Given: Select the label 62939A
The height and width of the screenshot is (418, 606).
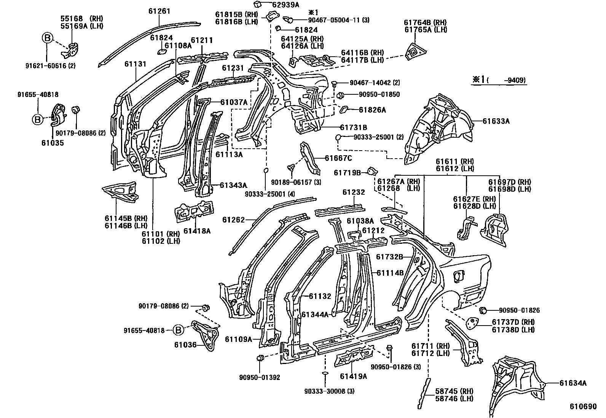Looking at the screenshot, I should click(x=285, y=5).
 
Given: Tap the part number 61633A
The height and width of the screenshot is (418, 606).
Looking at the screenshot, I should click(x=496, y=121).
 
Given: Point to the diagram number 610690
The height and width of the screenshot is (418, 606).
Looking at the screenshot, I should click(x=583, y=407).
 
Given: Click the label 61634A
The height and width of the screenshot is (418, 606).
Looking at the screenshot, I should click(x=573, y=383).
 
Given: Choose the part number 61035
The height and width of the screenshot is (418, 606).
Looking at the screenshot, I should click(x=52, y=143).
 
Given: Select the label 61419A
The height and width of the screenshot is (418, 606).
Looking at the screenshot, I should click(x=353, y=376).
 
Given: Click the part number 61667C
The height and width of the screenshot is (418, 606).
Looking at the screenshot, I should click(x=338, y=158).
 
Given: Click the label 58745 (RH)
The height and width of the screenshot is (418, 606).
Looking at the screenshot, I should click(x=454, y=391).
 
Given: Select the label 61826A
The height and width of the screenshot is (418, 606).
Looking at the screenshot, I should click(x=372, y=110).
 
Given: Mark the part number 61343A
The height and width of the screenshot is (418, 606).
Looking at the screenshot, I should click(x=233, y=185).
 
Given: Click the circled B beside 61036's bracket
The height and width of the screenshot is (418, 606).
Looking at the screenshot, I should click(x=178, y=331).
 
